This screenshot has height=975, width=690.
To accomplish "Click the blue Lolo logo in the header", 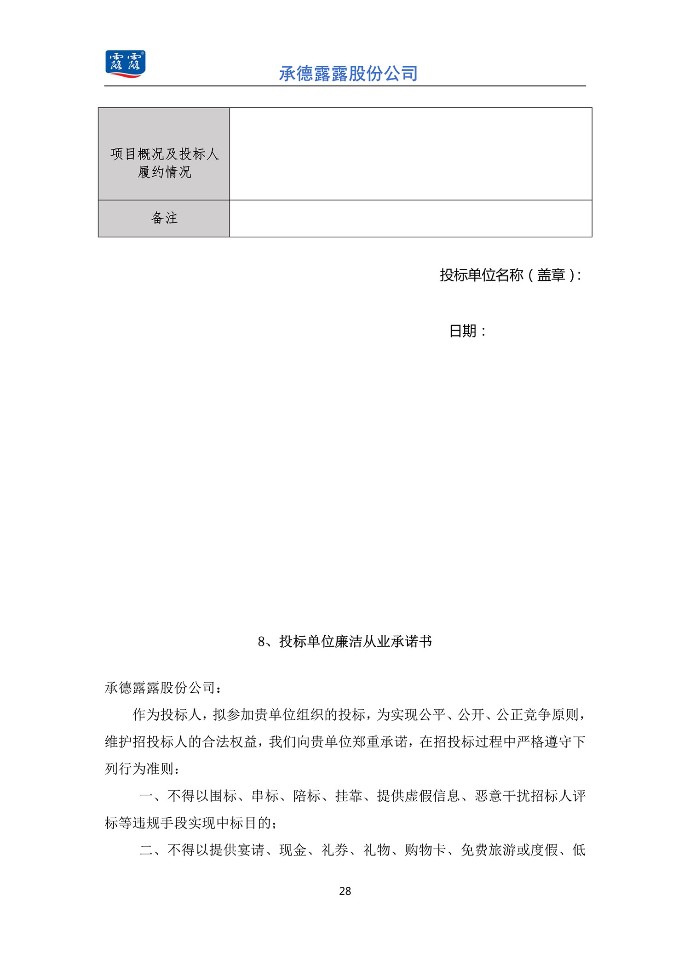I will coord(125,64).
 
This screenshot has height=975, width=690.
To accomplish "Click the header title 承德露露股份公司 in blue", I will coord(348,74).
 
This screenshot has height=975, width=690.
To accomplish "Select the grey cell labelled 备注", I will coord(164,218).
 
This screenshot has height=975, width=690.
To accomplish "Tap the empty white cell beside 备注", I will coord(410,218).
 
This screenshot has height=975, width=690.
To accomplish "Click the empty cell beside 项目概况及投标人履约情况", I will coord(410,154).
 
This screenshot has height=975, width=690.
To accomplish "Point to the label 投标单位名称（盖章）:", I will coord(510,275).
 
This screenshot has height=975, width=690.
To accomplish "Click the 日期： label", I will coord(467,331).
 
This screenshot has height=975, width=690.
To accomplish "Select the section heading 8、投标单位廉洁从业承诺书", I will coord(345,641).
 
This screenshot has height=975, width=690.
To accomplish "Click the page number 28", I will coord(345,891).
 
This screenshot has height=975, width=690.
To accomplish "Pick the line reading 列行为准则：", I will coord(143,769).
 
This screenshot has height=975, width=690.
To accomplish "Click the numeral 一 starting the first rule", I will coord(146,796).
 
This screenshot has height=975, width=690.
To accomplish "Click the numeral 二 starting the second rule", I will coord(146,850).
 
